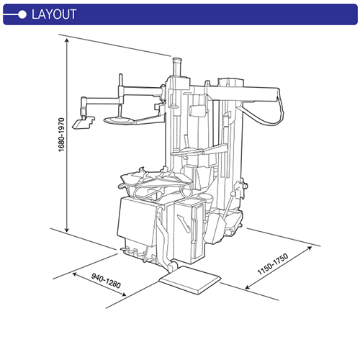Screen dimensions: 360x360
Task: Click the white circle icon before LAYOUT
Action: click(x=22, y=14)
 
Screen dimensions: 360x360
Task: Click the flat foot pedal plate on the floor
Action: click(x=189, y=276)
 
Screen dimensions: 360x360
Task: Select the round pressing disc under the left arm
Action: click(x=121, y=118)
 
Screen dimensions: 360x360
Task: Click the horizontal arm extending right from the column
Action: click(x=245, y=90)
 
